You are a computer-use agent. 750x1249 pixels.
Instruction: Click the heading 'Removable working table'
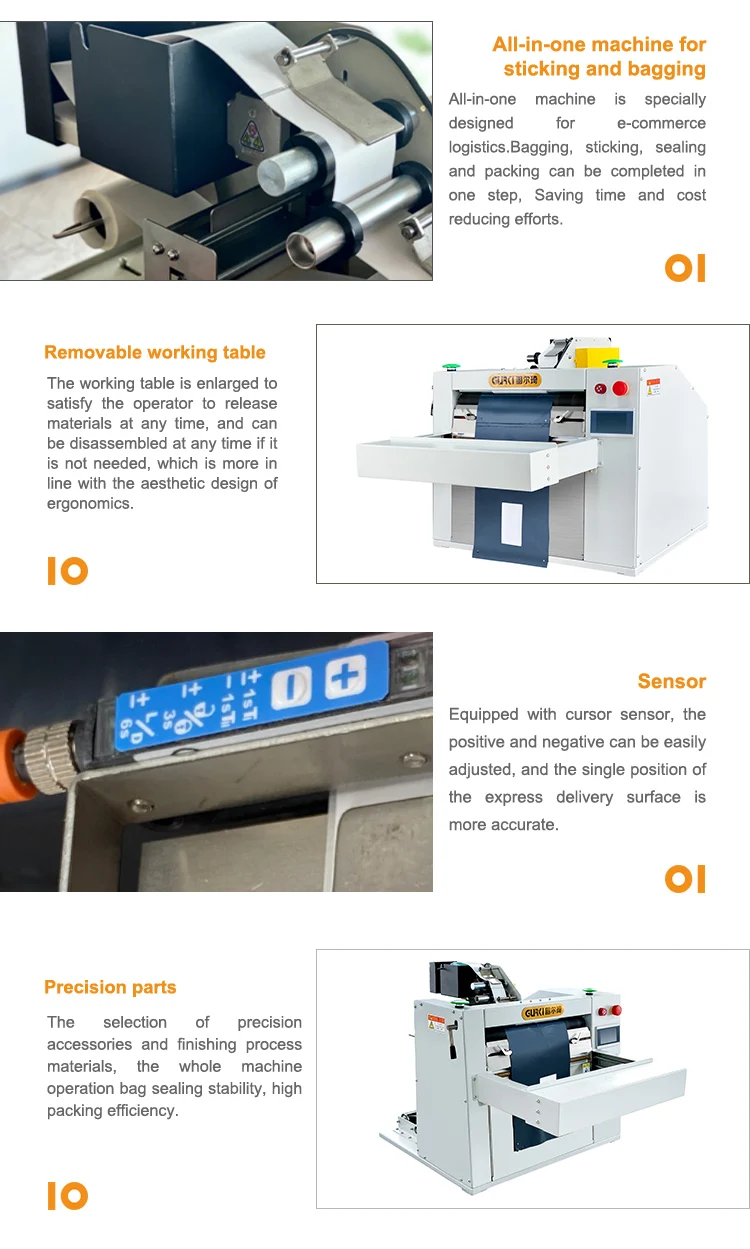coord(154,352)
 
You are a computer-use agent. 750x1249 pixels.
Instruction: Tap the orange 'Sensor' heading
coord(671,681)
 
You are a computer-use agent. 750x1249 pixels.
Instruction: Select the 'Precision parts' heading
coord(110,987)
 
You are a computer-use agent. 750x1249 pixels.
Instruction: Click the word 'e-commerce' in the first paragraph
coord(661,123)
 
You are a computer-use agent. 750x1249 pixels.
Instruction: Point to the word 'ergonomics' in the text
coord(89,504)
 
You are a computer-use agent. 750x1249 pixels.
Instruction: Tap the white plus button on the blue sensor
coord(346,676)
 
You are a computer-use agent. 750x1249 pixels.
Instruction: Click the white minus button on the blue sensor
coord(291,687)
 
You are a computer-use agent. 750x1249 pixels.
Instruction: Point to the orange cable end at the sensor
coord(12,764)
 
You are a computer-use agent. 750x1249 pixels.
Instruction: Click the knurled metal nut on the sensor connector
coord(51,756)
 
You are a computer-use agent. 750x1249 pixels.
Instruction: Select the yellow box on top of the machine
coord(597,358)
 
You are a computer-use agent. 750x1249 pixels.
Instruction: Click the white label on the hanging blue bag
coord(511,524)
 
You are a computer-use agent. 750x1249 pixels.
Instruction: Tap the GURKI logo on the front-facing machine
coord(515,380)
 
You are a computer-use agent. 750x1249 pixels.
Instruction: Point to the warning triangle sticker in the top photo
coord(251,136)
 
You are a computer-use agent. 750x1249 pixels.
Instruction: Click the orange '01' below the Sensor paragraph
coord(685,879)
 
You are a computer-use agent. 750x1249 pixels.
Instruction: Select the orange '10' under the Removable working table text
coord(67,571)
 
